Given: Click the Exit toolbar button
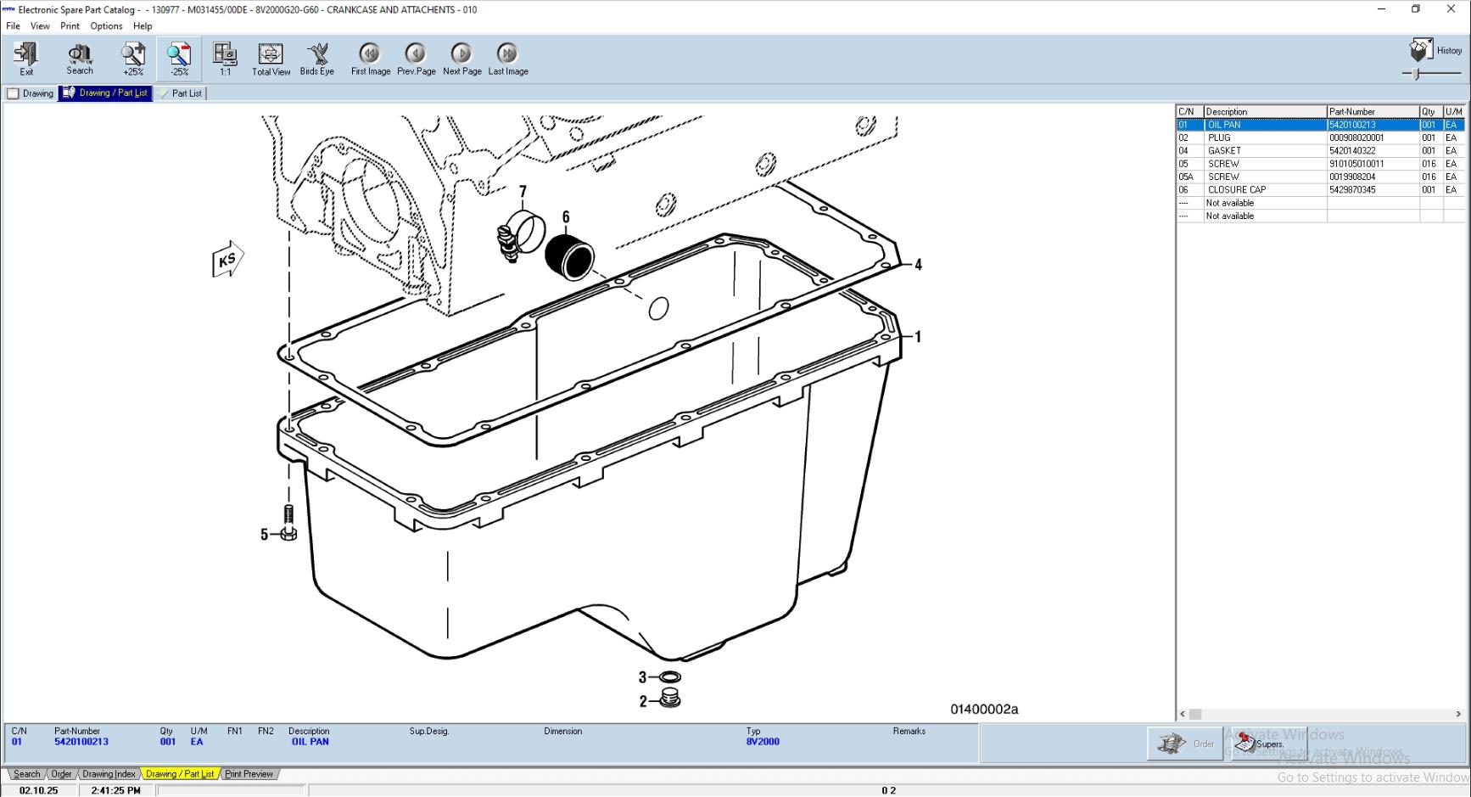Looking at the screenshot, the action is click(26, 59).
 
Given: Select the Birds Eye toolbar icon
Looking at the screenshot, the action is click(317, 59).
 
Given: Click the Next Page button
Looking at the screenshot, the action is click(461, 59).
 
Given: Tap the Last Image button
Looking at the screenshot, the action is click(507, 59).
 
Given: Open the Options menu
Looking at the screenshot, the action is click(106, 25).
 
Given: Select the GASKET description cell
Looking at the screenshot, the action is click(1224, 150).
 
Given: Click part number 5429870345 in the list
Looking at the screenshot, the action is click(1352, 189).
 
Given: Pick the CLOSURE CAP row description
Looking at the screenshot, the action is click(1237, 189).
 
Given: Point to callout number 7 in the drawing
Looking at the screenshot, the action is click(523, 193).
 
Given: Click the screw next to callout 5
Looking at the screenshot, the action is click(288, 523).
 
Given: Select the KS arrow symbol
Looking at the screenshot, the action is click(227, 260).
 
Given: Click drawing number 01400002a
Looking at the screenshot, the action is click(984, 710).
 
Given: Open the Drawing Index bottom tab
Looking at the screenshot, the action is click(109, 774).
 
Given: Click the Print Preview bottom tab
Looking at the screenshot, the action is click(249, 774).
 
